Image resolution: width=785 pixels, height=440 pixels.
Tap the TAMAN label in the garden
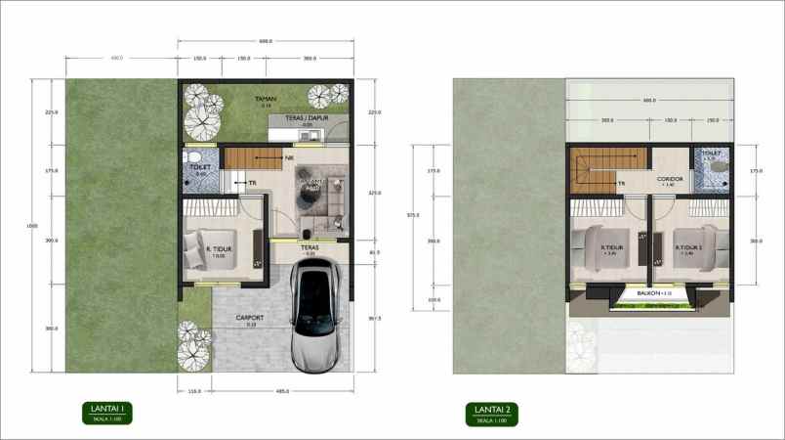pyautogui.click(x=264, y=100)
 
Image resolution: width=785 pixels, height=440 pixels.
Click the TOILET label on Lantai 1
pyautogui.click(x=199, y=167)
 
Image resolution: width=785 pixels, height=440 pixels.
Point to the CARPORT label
pyautogui.click(x=251, y=318)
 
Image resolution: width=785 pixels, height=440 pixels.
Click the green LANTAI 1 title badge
pyautogui.click(x=106, y=413)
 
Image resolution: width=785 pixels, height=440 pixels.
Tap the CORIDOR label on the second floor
pyautogui.click(x=669, y=179)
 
